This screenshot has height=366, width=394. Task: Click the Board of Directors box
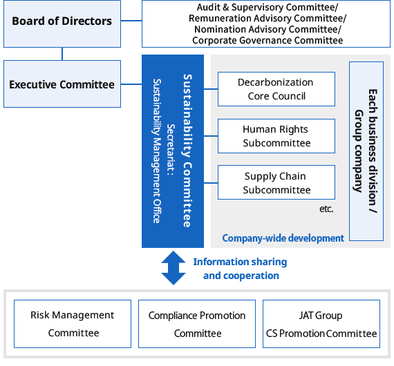[x=62, y=23]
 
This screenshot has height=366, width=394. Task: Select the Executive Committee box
[x=62, y=84]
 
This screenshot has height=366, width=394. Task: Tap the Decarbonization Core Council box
[x=276, y=89]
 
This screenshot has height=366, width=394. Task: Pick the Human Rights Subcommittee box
[x=276, y=136]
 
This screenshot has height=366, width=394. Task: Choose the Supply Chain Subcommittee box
[x=276, y=182]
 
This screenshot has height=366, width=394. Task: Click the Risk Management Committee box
[x=73, y=324]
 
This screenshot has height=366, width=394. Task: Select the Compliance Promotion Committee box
[x=197, y=324]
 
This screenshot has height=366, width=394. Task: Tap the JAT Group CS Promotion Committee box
[x=321, y=324]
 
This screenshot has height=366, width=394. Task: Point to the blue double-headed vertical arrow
[x=173, y=268]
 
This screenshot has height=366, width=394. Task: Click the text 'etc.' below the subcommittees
[x=326, y=209]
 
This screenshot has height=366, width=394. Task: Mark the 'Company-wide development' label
[x=283, y=238]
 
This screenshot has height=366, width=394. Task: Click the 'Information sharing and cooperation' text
[x=241, y=269]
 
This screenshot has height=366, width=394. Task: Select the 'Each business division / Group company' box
[x=366, y=151]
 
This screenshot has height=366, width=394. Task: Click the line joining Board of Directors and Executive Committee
[x=62, y=54]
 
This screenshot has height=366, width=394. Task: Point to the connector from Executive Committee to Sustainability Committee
[x=131, y=84]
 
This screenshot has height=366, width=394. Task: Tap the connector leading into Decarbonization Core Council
[x=211, y=89]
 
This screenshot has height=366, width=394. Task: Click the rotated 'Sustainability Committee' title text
[x=187, y=151]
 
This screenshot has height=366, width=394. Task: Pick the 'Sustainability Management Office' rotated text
[x=157, y=151]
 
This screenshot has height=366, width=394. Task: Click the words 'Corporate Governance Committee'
[x=268, y=41]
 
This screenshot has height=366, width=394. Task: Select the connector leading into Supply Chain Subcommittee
[x=211, y=183]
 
